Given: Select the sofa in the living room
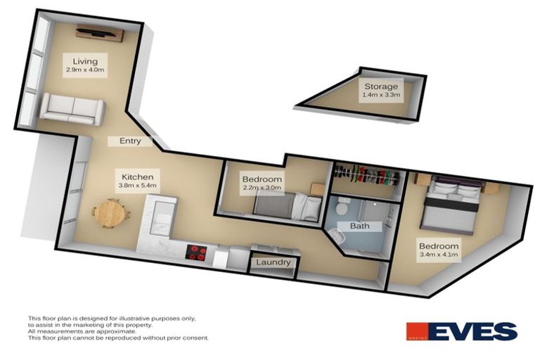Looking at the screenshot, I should click(x=72, y=109).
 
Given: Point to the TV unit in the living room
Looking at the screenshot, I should click(x=99, y=32).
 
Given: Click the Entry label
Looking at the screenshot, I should click(x=130, y=141).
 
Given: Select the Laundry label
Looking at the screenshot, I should click(x=274, y=262).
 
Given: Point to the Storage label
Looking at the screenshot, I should click(x=380, y=86).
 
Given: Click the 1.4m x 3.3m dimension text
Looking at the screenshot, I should click(x=380, y=95).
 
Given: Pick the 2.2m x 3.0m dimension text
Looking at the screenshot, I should click(x=262, y=188).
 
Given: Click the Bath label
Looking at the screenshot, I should click(x=360, y=226).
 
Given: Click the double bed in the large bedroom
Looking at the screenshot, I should click(x=454, y=204).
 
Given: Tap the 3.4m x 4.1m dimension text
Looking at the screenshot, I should click(x=439, y=255).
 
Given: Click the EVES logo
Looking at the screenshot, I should click(x=461, y=331).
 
